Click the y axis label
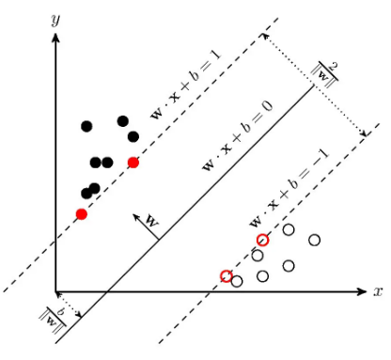(x=55, y=21)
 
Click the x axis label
(x=378, y=291)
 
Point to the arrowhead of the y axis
(x=55, y=37)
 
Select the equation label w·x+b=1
(x=185, y=85)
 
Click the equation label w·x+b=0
(x=238, y=136)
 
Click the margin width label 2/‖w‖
(x=324, y=75)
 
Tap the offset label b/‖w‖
(x=53, y=321)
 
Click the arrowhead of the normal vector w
(x=136, y=217)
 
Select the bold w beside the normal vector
(x=152, y=221)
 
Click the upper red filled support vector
(x=133, y=163)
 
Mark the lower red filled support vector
(x=82, y=214)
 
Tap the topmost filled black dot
(x=123, y=121)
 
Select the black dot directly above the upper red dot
(x=133, y=136)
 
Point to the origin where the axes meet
(x=55, y=292)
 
